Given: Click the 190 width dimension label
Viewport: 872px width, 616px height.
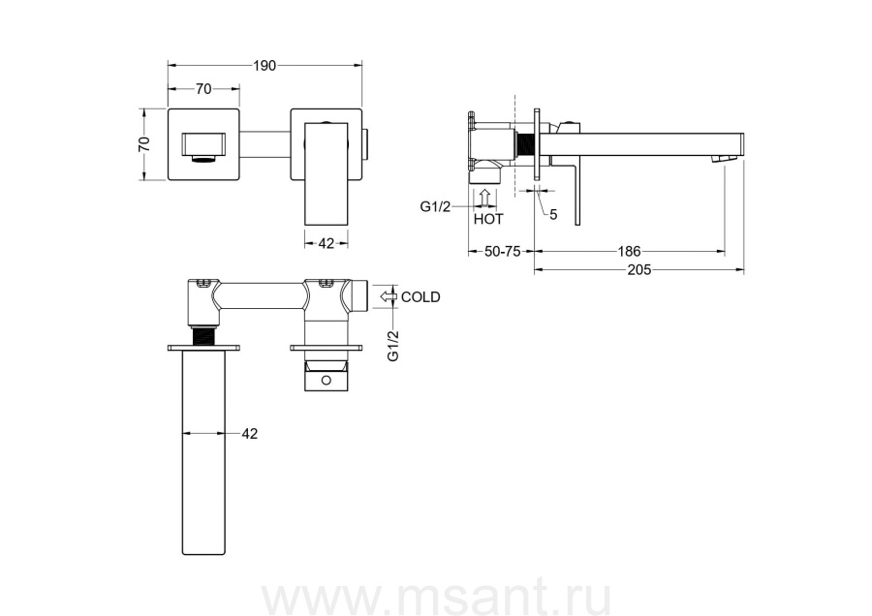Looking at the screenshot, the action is tap(265, 66).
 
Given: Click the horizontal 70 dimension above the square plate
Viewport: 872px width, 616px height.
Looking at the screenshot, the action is tap(203, 88).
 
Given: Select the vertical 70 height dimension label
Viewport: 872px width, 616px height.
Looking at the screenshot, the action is tap(144, 144).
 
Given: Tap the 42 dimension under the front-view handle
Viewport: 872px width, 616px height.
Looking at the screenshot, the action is tap(326, 243).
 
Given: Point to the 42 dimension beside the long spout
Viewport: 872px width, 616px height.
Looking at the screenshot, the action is tap(250, 433).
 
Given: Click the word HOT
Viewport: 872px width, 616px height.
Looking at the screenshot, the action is tap(488, 219).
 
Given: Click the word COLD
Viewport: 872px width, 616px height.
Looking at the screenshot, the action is tap(420, 297).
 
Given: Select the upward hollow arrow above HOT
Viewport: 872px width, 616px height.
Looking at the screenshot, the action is tap(485, 199).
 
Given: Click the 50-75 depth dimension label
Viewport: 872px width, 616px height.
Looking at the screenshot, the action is tap(503, 251).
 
